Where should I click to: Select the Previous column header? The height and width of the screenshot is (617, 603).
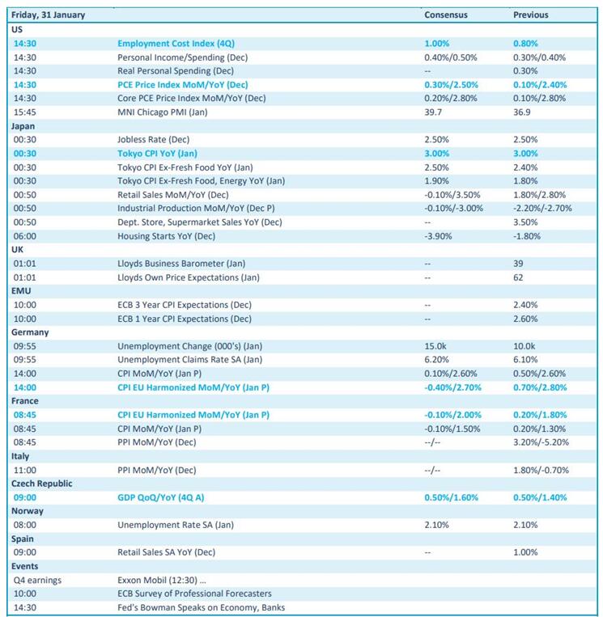[x=530, y=15]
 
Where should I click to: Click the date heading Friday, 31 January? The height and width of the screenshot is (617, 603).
[x=49, y=15]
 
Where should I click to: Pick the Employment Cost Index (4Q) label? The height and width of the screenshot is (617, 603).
[x=176, y=44]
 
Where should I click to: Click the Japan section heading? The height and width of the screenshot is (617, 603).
[x=23, y=126]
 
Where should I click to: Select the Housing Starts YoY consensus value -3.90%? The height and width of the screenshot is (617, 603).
[x=442, y=236]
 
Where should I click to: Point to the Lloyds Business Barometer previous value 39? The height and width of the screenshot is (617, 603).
[x=518, y=264]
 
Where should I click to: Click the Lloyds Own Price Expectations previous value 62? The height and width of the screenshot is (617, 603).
[x=518, y=277]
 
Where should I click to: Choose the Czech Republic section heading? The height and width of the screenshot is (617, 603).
[x=42, y=484]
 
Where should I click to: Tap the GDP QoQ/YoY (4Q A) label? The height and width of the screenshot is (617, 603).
[x=166, y=497]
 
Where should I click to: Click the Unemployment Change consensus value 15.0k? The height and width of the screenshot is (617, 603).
[x=435, y=346]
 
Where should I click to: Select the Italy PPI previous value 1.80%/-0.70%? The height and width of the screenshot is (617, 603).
[x=541, y=470]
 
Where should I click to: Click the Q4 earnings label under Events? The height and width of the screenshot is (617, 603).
[x=37, y=580]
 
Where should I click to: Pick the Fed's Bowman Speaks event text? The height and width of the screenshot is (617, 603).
[x=201, y=607]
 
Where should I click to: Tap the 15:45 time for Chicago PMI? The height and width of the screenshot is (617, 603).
[x=25, y=112]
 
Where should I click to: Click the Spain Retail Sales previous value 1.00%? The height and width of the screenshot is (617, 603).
[x=524, y=552]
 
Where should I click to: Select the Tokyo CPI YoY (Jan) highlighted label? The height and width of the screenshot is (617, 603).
[x=157, y=154]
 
